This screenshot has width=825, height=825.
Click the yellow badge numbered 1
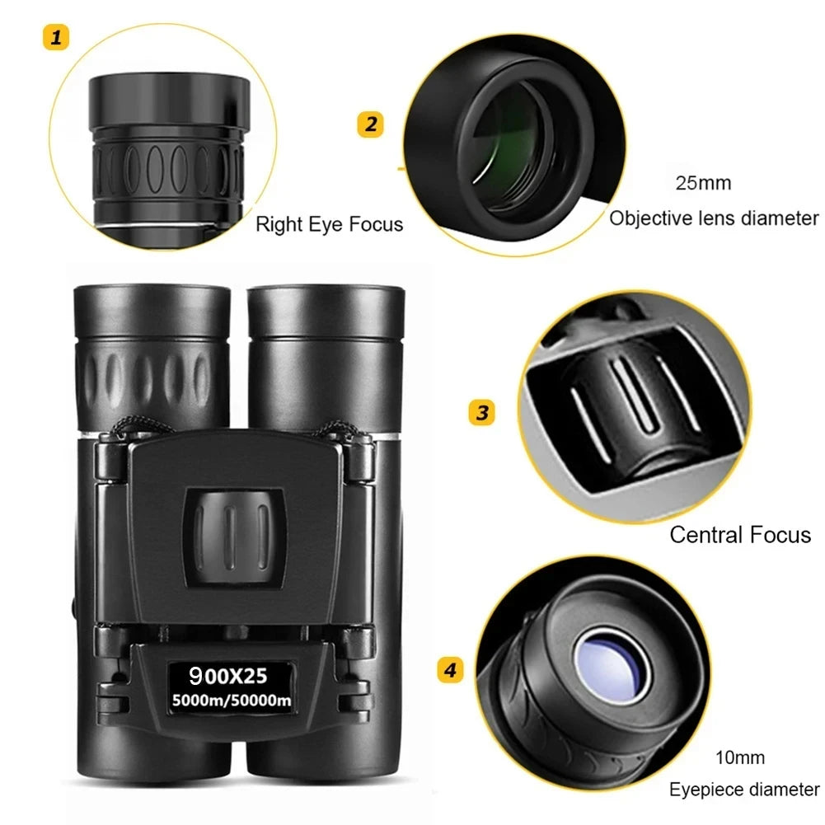[56, 37]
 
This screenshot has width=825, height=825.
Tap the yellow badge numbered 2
[370, 124]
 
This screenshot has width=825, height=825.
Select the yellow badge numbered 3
[481, 411]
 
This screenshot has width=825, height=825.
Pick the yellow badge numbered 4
[449, 670]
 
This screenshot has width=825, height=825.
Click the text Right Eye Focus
[329, 224]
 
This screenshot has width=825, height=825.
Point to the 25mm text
[703, 183]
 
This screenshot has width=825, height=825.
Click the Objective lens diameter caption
[714, 218]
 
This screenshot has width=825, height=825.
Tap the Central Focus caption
[739, 535]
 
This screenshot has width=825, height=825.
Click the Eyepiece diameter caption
[744, 790]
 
